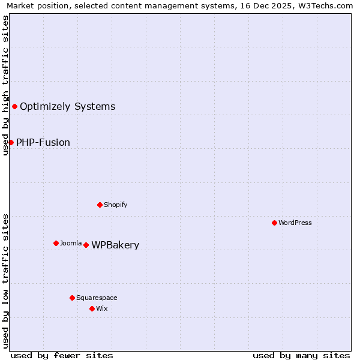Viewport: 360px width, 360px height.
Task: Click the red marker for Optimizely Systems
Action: (14, 106)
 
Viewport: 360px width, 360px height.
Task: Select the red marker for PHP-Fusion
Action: (11, 142)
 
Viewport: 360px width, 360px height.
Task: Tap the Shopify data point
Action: (100, 205)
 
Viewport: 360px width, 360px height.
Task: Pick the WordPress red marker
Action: (274, 223)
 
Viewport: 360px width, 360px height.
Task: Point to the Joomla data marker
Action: (56, 243)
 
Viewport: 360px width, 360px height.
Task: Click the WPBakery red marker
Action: (86, 245)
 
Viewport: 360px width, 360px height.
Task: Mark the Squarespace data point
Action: (72, 298)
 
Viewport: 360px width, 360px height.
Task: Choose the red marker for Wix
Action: (92, 308)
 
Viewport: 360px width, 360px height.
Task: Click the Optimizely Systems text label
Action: (67, 107)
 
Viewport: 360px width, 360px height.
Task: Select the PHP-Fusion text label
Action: (43, 143)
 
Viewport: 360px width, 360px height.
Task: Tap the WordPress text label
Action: (295, 223)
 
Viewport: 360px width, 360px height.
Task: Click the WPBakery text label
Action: (115, 245)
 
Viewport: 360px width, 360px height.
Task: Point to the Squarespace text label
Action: (97, 298)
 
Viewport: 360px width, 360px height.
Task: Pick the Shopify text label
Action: (116, 205)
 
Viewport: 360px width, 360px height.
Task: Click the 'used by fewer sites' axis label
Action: (62, 355)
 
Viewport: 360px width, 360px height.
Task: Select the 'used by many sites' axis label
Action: (301, 355)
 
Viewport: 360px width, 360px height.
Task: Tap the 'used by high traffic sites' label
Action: (5, 85)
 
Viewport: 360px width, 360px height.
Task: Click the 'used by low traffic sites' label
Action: (5, 281)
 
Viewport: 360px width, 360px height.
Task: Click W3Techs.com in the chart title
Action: (326, 6)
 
